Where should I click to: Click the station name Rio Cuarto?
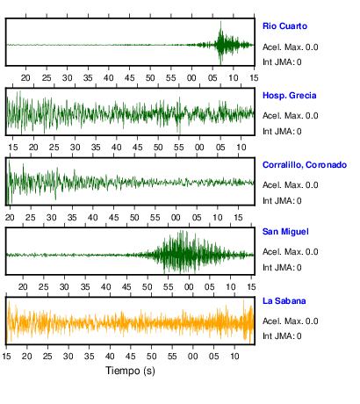[284, 26]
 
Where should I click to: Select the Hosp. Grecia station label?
[289, 96]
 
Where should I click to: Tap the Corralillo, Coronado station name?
[305, 165]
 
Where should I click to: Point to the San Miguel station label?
[285, 232]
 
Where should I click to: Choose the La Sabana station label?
[284, 301]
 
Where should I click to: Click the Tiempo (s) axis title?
[130, 371]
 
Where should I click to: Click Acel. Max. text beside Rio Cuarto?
[283, 47]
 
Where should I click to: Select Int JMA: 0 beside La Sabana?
[282, 335]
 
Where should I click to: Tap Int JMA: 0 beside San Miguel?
[282, 267]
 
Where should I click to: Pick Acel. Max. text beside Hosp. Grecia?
[283, 116]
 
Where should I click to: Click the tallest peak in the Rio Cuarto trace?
[220, 21]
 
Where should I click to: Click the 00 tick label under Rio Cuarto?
[191, 78]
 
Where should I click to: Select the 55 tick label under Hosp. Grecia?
[179, 148]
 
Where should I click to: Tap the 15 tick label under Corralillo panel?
[238, 218]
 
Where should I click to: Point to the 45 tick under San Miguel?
[126, 287]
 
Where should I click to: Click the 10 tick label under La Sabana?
[234, 357]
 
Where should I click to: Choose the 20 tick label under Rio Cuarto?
[25, 78]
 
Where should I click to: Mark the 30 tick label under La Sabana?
[68, 357]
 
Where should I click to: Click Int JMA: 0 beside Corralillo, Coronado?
[282, 201]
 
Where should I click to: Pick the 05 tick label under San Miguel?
[210, 287]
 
